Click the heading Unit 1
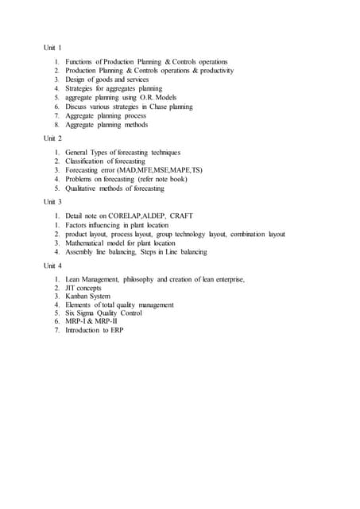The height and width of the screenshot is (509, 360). coord(52,48)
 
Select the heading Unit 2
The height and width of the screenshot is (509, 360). coord(52,138)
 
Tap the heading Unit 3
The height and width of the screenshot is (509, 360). coord(52,202)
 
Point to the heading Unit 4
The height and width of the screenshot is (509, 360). coord(52,266)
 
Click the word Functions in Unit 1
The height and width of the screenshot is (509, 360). coord(79,61)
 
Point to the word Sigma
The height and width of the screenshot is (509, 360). coord(90,315)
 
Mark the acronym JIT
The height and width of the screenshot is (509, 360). coord(71,288)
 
